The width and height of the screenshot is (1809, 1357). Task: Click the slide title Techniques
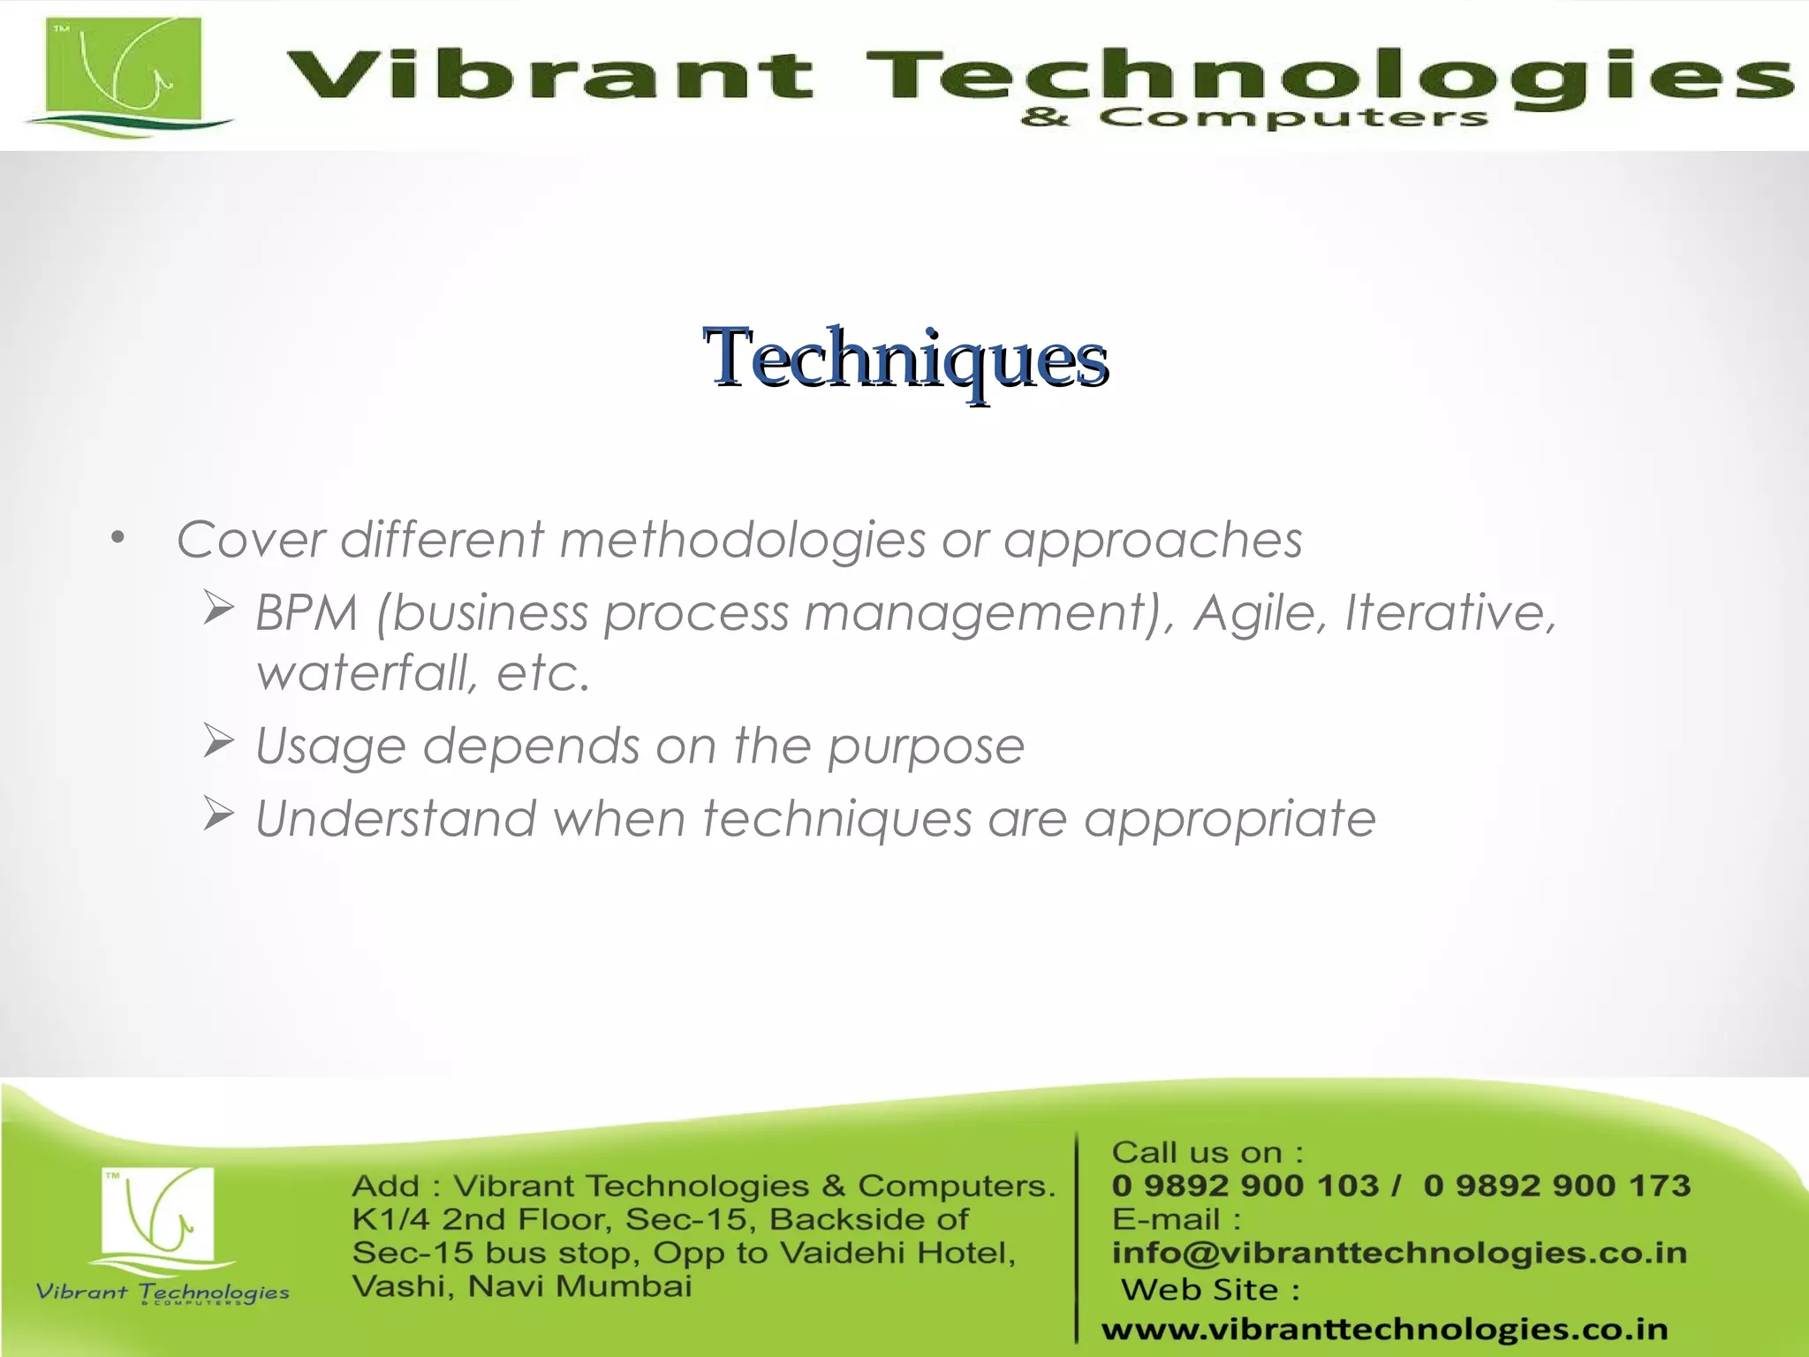point(905,358)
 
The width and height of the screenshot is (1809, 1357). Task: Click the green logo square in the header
point(124,71)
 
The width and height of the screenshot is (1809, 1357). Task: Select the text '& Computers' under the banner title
point(1254,118)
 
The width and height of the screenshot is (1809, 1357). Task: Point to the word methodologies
point(742,540)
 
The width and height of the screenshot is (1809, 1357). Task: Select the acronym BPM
point(307,612)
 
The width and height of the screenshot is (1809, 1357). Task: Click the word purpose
point(925,747)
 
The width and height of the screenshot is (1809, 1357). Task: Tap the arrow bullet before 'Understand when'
point(218,814)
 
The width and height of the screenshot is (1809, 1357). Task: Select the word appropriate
point(1229,819)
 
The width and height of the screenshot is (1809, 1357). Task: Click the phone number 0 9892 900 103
point(1245,1186)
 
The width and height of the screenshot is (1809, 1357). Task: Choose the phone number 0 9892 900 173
point(1556,1186)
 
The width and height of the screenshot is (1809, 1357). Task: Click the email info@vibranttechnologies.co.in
point(1399,1253)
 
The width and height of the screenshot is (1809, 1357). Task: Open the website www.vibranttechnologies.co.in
point(1384,1329)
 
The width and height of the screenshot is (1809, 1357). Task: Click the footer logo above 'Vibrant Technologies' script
point(159,1215)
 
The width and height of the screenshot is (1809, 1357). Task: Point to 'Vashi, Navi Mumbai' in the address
point(521,1286)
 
